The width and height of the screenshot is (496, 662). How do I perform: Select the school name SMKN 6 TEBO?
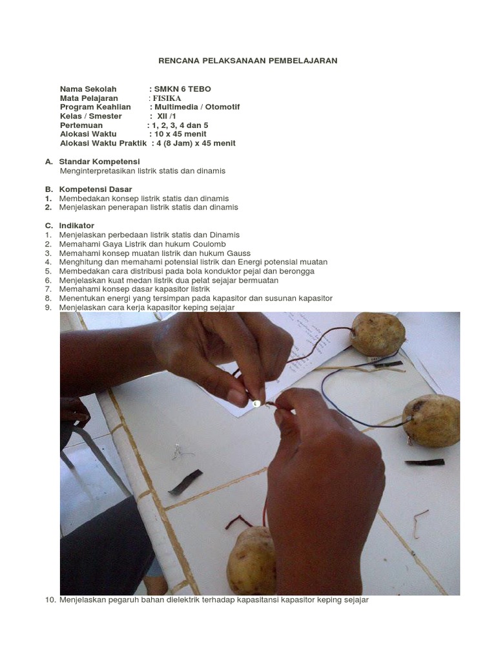[183, 89]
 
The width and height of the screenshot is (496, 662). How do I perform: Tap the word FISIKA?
[167, 98]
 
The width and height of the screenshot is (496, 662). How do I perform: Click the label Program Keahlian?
[96, 107]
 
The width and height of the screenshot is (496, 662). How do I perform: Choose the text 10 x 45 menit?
[181, 134]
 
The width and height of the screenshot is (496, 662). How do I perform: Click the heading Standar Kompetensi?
[99, 162]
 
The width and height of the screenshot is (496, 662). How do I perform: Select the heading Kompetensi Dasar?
[96, 189]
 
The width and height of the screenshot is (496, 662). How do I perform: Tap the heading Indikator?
[77, 226]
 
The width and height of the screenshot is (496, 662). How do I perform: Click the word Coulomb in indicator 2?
[209, 244]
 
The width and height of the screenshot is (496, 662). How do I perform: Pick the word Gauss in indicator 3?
[239, 253]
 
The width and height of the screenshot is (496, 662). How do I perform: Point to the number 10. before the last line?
[50, 600]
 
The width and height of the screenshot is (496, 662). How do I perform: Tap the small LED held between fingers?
[256, 404]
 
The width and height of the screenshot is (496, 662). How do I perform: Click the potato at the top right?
[378, 334]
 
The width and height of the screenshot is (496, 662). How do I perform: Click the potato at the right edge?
[431, 421]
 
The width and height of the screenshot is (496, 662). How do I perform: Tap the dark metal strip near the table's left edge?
[185, 482]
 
